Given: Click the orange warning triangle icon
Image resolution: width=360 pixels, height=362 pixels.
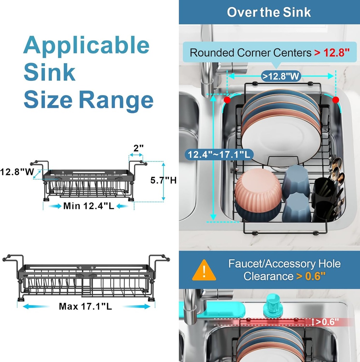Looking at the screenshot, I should (204, 271).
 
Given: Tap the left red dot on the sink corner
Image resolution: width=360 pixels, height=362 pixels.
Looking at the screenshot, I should (227, 100).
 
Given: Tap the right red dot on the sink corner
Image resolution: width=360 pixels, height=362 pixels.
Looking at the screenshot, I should (336, 100).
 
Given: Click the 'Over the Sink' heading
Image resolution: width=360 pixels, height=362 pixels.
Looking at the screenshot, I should (269, 12).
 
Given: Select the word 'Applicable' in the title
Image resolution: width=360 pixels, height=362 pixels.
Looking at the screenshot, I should (87, 45).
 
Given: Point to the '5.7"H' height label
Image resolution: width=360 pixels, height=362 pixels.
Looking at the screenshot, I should (163, 180).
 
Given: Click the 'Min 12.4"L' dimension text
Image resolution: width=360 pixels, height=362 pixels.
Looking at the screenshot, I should (88, 206).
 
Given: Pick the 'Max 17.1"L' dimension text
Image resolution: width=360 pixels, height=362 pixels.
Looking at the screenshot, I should (85, 306).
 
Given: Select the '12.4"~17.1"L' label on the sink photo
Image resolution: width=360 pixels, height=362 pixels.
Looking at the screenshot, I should (219, 154).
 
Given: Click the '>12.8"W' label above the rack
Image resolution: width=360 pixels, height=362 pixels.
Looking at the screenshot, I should (281, 76).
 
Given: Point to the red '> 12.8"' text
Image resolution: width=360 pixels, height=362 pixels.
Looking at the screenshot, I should (331, 53).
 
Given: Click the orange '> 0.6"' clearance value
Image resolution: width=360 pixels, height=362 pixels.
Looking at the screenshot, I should (311, 276).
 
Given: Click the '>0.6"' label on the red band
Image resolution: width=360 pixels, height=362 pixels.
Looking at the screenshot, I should (327, 322).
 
